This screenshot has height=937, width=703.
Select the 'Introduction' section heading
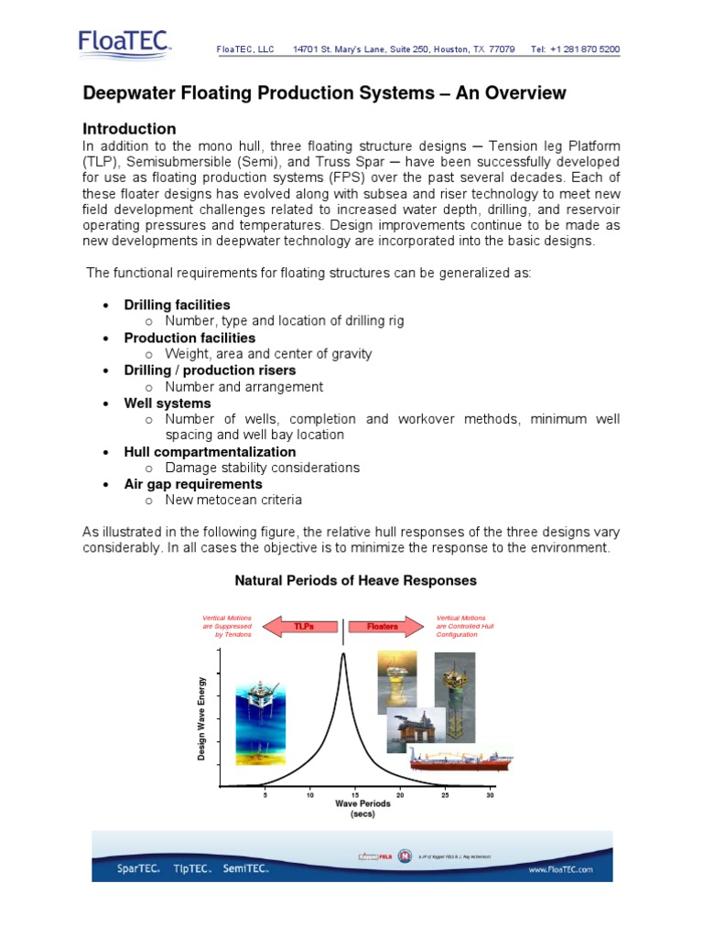(x=129, y=129)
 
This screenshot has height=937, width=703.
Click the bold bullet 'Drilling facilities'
(x=177, y=305)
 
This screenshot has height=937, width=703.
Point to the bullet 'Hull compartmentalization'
(x=210, y=452)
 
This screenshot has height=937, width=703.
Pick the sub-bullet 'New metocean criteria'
(x=233, y=501)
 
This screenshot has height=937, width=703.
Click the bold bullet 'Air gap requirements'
(x=193, y=484)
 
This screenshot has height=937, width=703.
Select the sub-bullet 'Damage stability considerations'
(x=262, y=468)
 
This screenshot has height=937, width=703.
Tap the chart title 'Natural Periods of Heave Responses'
(x=355, y=580)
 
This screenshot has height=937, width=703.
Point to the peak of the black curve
(x=343, y=654)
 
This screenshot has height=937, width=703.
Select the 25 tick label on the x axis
(x=446, y=794)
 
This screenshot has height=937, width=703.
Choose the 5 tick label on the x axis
(x=265, y=794)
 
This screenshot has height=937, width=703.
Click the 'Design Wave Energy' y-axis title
(x=201, y=717)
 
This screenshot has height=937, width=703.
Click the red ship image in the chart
(x=460, y=759)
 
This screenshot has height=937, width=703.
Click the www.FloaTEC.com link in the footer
(x=561, y=869)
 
